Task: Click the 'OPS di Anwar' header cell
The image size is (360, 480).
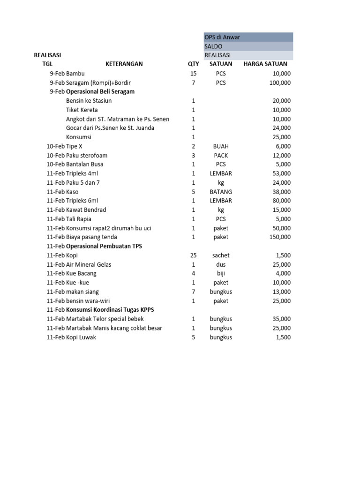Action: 222,37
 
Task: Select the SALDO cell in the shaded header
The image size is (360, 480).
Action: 213,46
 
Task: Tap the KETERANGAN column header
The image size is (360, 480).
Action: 124,64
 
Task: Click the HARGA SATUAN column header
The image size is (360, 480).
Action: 265,64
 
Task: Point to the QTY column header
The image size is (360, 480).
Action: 193,64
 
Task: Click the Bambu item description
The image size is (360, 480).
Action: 75,74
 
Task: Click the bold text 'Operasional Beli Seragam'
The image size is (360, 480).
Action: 100,92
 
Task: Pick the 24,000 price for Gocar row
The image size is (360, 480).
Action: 281,128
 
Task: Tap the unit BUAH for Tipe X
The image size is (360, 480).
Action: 221,146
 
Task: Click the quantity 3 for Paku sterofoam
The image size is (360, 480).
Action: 193,155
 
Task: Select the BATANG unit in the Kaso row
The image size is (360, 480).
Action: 221,192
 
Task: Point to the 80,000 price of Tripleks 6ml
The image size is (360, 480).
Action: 281,201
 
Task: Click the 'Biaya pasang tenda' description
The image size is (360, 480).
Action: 91,237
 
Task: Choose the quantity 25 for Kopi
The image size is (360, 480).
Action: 193,255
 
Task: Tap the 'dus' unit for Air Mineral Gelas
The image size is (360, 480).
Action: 221,264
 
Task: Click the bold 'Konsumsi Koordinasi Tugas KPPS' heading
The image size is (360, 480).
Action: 110,310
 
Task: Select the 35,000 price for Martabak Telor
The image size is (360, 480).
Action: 281,319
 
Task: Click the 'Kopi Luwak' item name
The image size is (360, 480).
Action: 81,337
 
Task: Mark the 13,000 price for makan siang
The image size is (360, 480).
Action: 281,292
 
